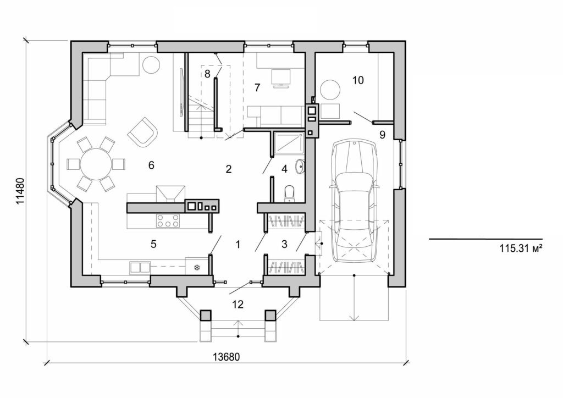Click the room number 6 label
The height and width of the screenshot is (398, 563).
click(x=152, y=164)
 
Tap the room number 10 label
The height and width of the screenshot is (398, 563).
click(x=357, y=80)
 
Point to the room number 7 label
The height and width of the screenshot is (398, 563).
click(x=256, y=87)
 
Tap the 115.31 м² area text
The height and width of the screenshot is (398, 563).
click(x=521, y=248)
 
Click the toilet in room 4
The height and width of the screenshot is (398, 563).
click(x=289, y=194)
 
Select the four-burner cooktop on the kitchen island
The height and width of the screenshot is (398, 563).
click(x=168, y=220)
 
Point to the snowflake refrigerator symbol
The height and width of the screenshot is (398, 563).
click(x=196, y=268)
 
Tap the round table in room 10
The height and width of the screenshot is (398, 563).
click(x=331, y=90)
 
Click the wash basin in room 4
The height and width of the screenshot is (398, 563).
click(x=300, y=165)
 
